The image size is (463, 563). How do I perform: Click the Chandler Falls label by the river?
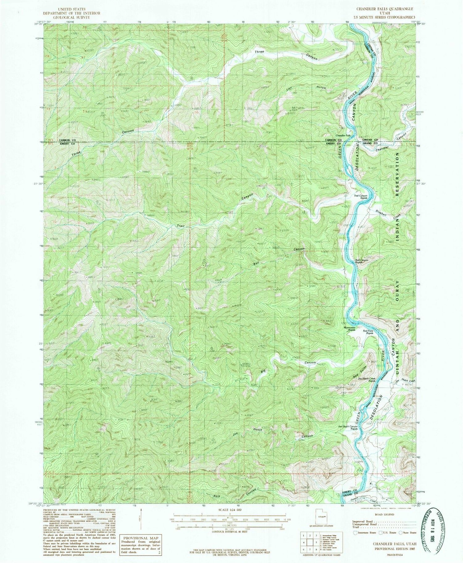click(x=343, y=135)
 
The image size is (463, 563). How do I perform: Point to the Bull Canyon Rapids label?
click(x=361, y=261)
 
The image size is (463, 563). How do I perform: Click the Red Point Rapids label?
click(x=368, y=332)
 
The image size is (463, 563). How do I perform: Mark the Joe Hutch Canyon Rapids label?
click(x=348, y=428)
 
